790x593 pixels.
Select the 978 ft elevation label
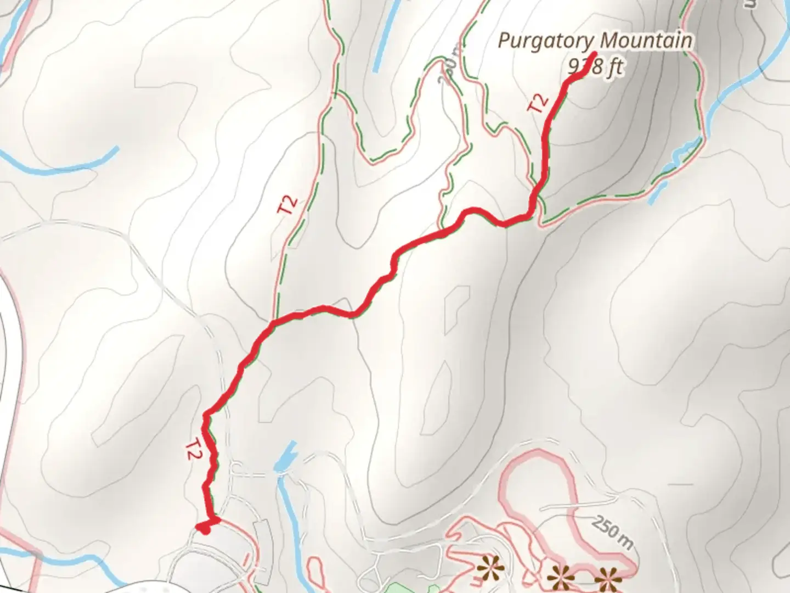tap(596, 67)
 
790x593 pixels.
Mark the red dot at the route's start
tap(205, 529)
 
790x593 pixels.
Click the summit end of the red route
tap(595, 54)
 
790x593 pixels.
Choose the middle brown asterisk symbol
tap(561, 578)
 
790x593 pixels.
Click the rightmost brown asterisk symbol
tap(607, 580)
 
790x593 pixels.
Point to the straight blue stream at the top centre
tap(383, 36)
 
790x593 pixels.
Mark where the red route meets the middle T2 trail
tap(273, 320)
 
